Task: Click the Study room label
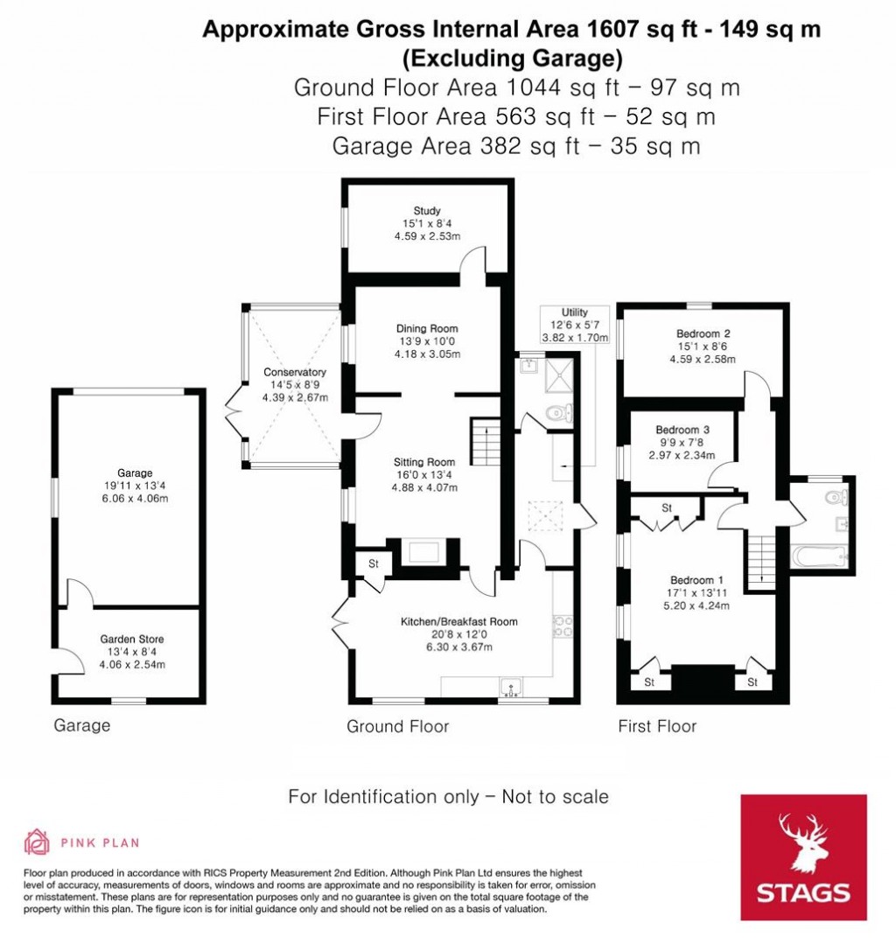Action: (427, 211)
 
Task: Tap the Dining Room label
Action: (427, 329)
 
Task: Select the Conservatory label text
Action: (295, 372)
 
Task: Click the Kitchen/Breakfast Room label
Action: (458, 622)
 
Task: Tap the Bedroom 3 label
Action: (682, 430)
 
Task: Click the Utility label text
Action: (575, 312)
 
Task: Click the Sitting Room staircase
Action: (485, 443)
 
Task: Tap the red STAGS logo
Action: (803, 857)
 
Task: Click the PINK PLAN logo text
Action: (100, 843)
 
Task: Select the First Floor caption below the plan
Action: (657, 725)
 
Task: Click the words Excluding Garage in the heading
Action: (512, 59)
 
